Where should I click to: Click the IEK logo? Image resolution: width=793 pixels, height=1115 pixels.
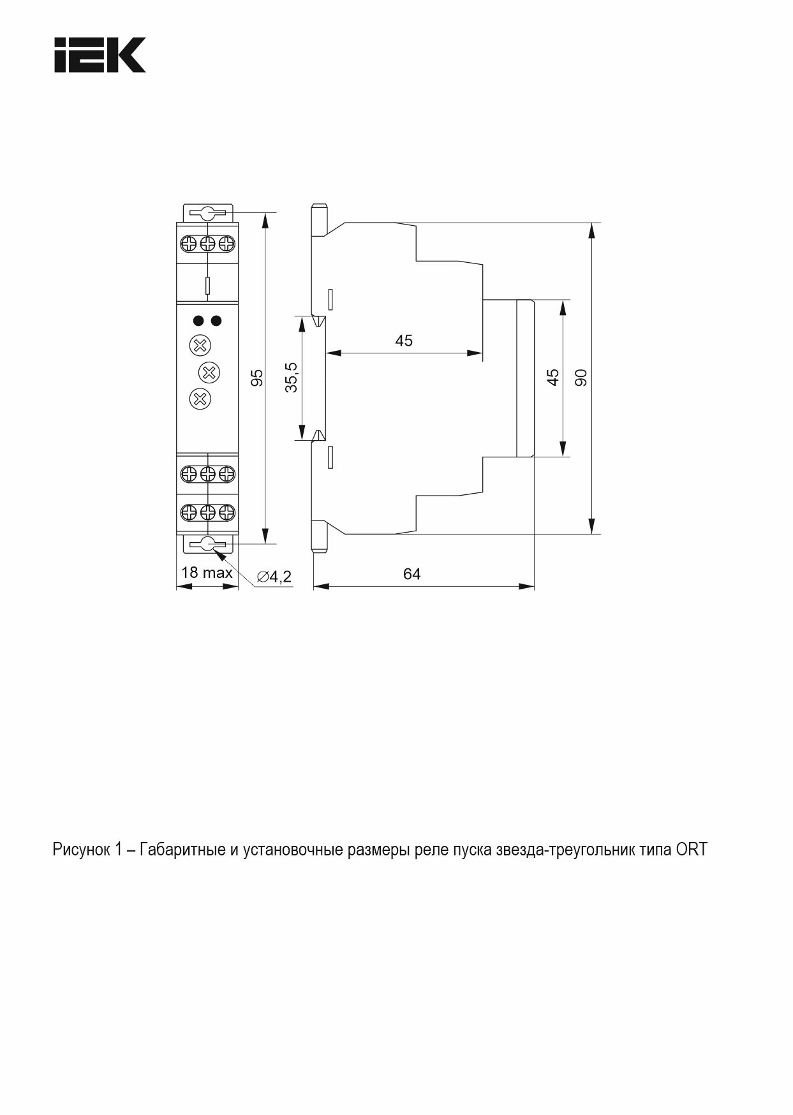(x=100, y=55)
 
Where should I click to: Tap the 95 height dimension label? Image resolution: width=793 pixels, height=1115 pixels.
(x=257, y=378)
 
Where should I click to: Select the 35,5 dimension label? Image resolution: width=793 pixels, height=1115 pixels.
(x=292, y=377)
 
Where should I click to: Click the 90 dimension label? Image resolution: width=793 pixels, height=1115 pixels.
(x=581, y=378)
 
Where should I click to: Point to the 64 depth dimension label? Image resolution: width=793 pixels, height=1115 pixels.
(x=412, y=574)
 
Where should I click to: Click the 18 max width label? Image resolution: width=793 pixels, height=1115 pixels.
(x=207, y=573)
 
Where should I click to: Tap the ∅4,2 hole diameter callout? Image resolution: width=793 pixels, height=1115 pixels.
(x=274, y=577)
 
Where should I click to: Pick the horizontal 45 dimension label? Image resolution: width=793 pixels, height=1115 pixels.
(x=404, y=341)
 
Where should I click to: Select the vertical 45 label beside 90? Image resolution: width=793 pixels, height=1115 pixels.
(x=553, y=378)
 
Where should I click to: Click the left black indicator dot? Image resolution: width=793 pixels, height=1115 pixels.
(x=198, y=320)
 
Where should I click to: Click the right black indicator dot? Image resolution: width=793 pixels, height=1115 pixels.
(x=217, y=320)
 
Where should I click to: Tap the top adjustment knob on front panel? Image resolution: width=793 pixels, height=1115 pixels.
(x=200, y=346)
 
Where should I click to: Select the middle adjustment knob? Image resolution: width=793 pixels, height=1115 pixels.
(x=209, y=371)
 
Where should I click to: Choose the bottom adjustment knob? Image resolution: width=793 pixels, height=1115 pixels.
(x=200, y=399)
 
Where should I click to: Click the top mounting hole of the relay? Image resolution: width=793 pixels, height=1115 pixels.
(x=207, y=212)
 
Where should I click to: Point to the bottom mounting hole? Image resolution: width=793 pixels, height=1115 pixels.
(x=207, y=544)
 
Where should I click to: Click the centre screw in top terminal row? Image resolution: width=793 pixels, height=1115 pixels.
(x=207, y=244)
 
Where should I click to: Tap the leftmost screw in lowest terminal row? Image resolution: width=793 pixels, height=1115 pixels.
(x=189, y=512)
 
